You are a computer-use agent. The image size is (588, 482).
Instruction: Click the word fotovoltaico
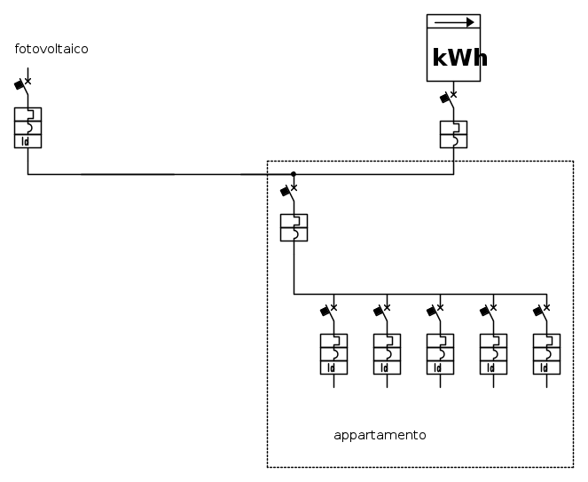(x=51, y=49)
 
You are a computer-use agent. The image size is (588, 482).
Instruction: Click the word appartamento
(x=380, y=435)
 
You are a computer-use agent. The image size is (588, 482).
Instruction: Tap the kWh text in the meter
(x=459, y=58)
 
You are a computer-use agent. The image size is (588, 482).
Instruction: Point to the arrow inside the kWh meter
(x=454, y=23)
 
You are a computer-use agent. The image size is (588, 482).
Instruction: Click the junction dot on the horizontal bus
(x=294, y=174)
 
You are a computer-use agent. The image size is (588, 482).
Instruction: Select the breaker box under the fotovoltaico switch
(x=27, y=127)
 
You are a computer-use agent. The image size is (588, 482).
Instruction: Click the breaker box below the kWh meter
(x=453, y=133)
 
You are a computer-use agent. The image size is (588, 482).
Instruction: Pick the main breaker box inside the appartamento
(x=294, y=227)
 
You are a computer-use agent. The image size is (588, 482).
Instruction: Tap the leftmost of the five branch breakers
(x=333, y=353)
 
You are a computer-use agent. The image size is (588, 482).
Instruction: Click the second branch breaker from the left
(x=387, y=353)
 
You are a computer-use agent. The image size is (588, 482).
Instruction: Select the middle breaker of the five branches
(x=440, y=353)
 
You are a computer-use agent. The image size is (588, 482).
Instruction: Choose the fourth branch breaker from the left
(x=493, y=353)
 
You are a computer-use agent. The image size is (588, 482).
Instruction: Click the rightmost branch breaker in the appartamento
(x=546, y=353)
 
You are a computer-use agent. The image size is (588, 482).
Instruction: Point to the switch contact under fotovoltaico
(x=24, y=86)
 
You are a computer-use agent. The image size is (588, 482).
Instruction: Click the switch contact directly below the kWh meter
(x=450, y=99)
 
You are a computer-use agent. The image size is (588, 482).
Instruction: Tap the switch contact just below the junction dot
(x=290, y=192)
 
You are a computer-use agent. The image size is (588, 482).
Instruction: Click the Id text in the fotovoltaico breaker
(x=26, y=140)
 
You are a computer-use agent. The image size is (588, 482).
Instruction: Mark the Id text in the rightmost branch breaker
(x=545, y=367)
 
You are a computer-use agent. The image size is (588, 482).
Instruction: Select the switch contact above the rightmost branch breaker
(x=543, y=312)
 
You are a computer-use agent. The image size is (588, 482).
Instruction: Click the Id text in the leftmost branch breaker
(x=332, y=367)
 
